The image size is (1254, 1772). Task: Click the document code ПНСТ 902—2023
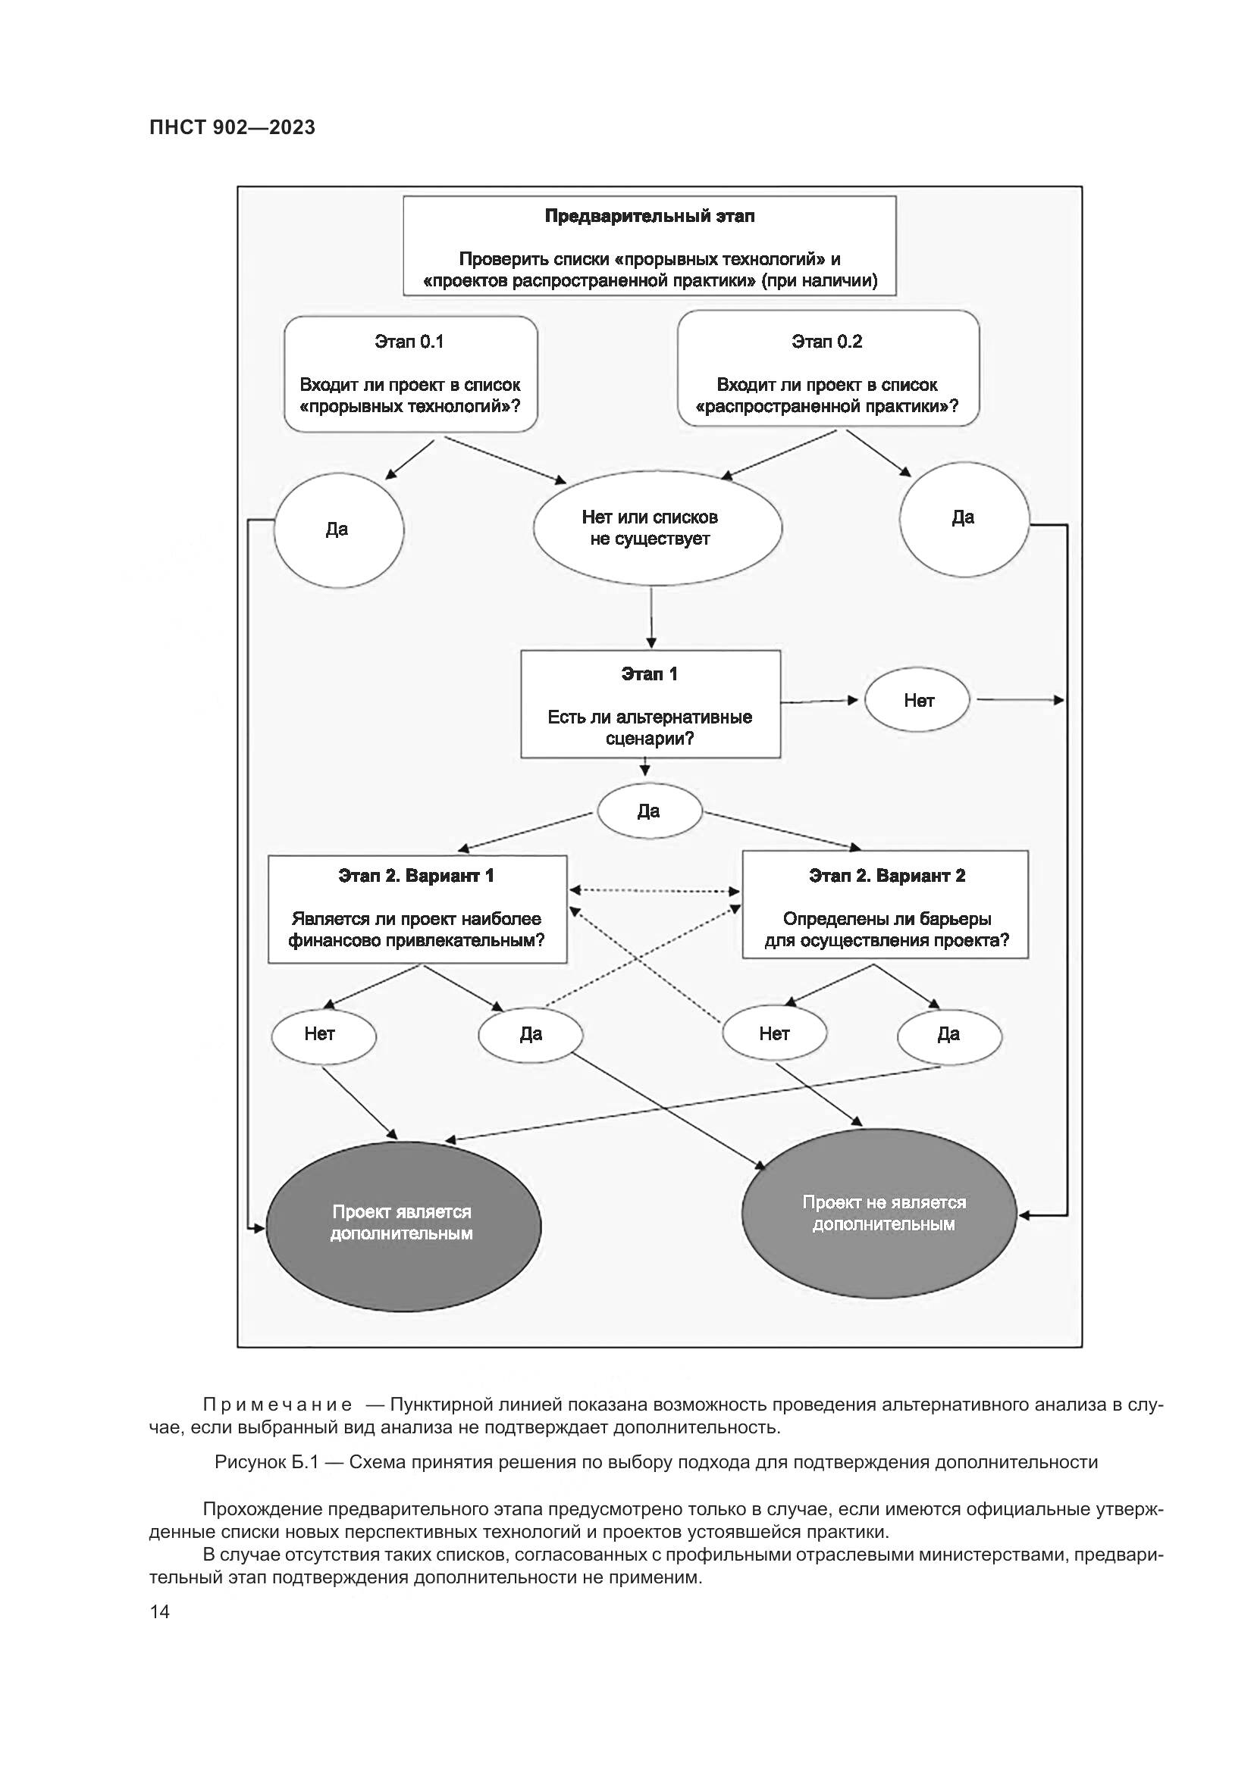pyautogui.click(x=233, y=127)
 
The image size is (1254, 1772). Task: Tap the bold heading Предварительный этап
pyautogui.click(x=650, y=216)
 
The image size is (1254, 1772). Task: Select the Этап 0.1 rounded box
pyautogui.click(x=410, y=374)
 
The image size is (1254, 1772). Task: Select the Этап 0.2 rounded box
pyautogui.click(x=828, y=369)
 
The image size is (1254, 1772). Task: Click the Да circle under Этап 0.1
pyautogui.click(x=338, y=530)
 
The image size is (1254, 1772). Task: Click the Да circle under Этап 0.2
pyautogui.click(x=964, y=519)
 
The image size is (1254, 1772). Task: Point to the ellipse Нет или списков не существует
pyautogui.click(x=657, y=529)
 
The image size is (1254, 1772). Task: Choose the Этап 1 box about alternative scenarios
pyautogui.click(x=651, y=705)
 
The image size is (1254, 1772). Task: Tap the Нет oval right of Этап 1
pyautogui.click(x=917, y=701)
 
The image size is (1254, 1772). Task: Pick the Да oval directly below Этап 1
pyautogui.click(x=650, y=811)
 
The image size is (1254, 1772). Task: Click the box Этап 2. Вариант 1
pyautogui.click(x=417, y=909)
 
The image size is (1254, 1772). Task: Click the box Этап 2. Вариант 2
pyautogui.click(x=885, y=905)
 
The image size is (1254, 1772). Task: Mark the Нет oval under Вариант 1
pyautogui.click(x=323, y=1035)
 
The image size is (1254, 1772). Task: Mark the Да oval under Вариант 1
pyautogui.click(x=531, y=1035)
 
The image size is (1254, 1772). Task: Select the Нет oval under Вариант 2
pyautogui.click(x=775, y=1034)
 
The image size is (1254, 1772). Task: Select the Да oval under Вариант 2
pyautogui.click(x=949, y=1035)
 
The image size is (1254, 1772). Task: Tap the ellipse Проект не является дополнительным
pyautogui.click(x=879, y=1213)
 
